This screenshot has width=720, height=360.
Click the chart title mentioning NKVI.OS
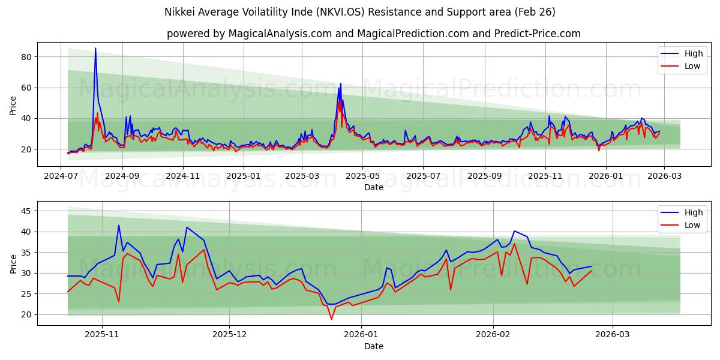(360, 12)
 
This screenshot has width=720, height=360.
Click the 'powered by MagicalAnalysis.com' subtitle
(373, 34)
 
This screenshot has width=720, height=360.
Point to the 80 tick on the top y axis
(26, 57)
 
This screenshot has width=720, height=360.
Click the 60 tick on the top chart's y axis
(26, 88)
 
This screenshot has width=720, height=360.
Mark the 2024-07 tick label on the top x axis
(62, 176)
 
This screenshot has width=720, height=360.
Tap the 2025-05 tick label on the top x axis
(362, 176)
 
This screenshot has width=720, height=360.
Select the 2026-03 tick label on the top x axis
(664, 176)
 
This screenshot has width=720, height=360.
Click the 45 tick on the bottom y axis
(26, 211)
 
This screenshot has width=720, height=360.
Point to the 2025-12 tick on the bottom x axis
(230, 335)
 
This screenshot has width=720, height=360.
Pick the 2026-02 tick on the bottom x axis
(493, 335)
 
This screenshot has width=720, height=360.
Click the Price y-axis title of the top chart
(13, 106)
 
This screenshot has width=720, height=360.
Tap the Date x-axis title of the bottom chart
(373, 347)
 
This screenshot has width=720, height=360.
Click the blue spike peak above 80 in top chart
(95, 49)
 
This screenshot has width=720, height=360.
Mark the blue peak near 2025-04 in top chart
(340, 84)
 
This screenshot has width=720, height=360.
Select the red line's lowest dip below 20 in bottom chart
(331, 319)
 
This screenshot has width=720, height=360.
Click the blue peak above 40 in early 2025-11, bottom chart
(119, 226)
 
